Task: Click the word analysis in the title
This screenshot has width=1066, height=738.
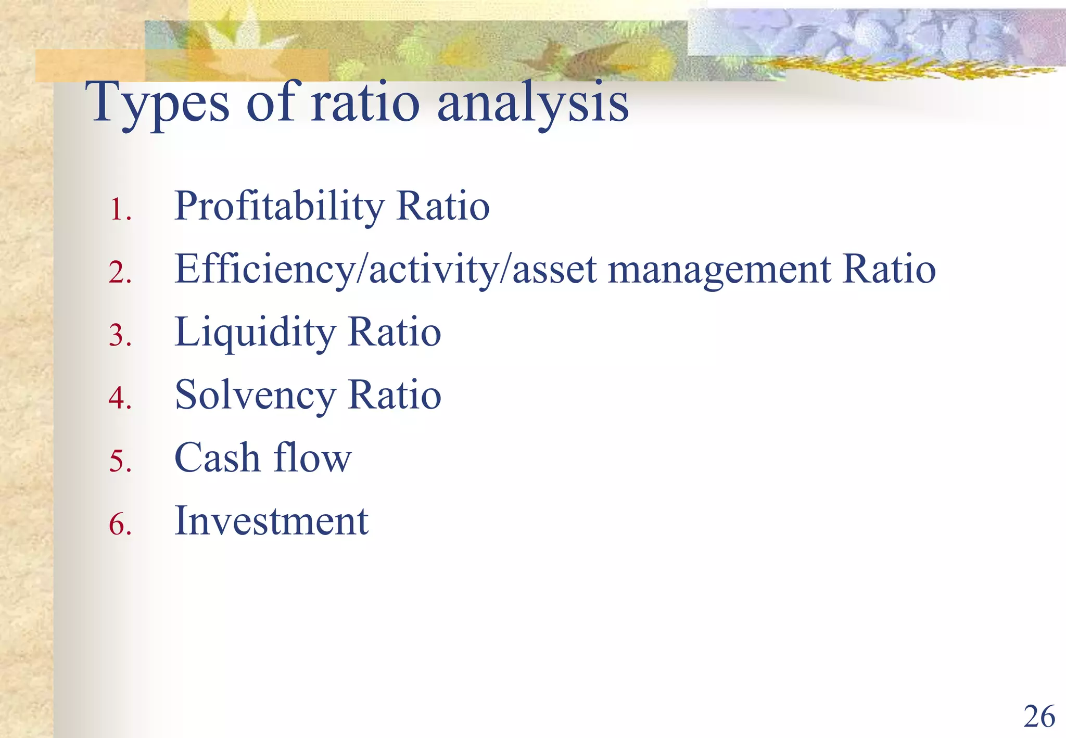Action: [x=533, y=104]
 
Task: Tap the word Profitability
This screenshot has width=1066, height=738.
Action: [x=279, y=207]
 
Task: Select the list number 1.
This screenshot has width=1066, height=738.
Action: [x=120, y=210]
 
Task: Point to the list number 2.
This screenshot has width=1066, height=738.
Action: [x=120, y=273]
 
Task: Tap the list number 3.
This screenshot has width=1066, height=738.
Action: [x=120, y=336]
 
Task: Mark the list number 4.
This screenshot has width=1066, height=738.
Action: [x=120, y=399]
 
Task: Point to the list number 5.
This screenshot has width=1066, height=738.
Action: [x=120, y=462]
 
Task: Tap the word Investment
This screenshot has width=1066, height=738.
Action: [x=271, y=521]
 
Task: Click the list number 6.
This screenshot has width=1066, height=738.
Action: [x=120, y=524]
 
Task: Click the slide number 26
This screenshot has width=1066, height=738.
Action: [x=1039, y=717]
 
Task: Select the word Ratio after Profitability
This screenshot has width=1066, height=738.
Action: [x=442, y=207]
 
